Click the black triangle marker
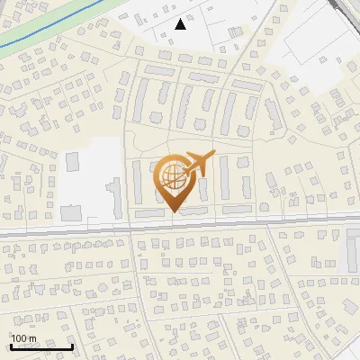coord(181,24)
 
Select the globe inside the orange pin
coord(171,174)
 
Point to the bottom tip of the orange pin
coord(173,211)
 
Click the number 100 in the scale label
coord(19,337)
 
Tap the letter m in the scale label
coord(32,337)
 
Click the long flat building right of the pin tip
coord(237,210)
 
